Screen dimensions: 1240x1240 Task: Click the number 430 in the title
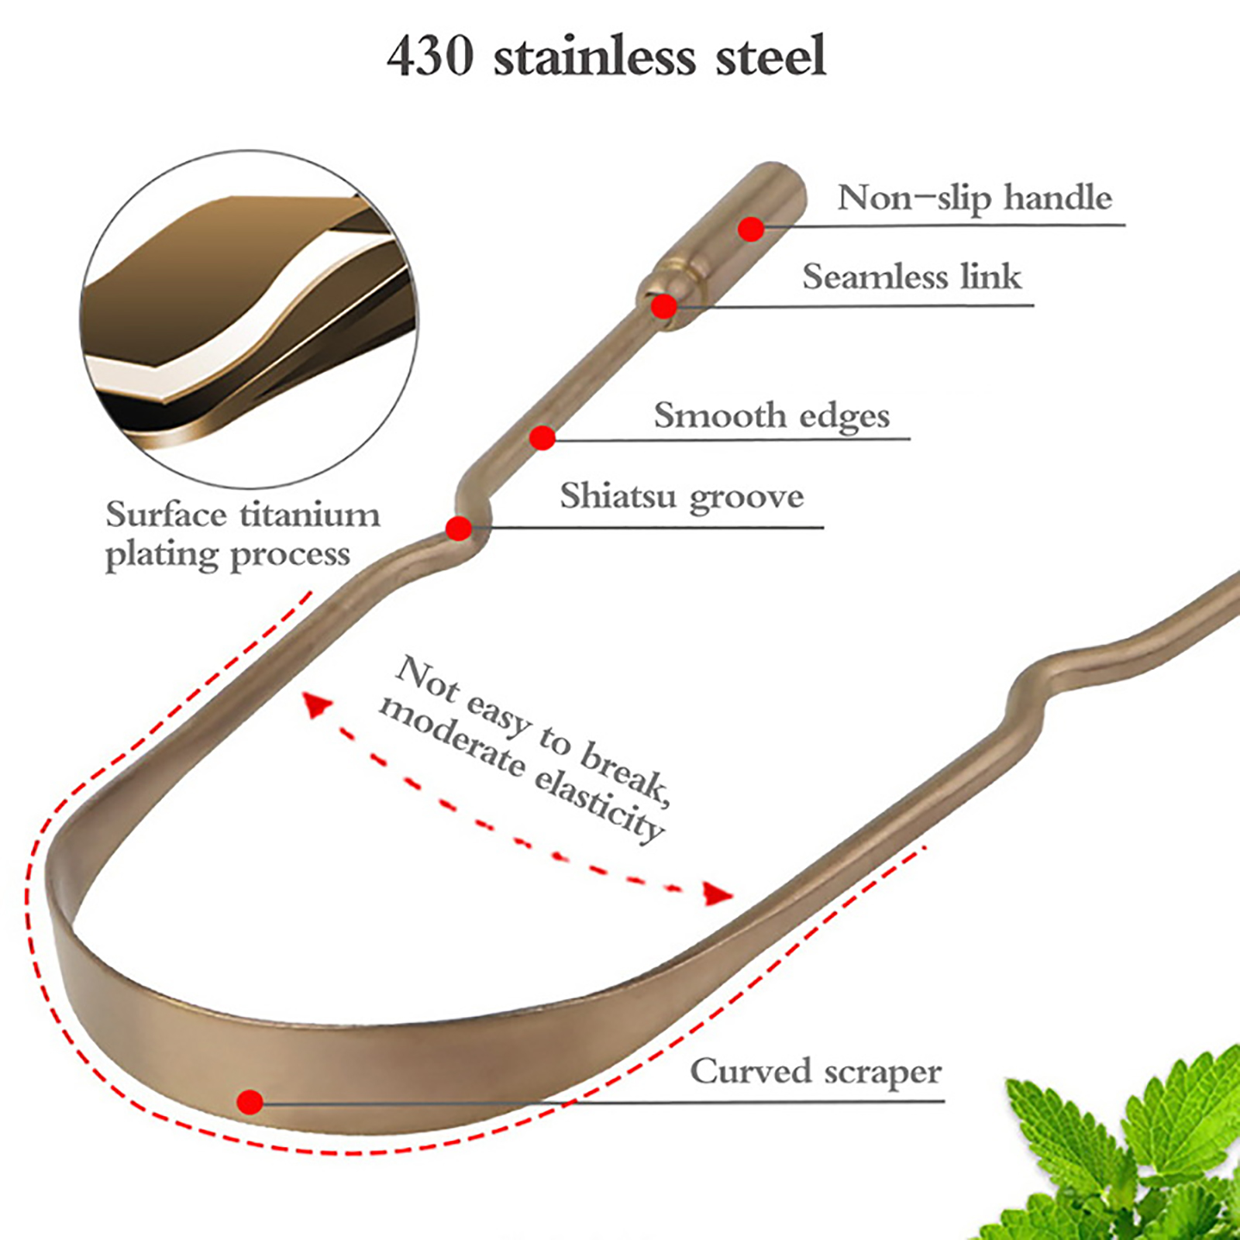[430, 56]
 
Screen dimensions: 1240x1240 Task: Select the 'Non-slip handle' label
[975, 198]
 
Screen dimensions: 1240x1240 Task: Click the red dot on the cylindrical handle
[751, 229]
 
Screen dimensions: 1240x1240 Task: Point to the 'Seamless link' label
[912, 277]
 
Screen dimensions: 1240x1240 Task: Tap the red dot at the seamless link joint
[663, 306]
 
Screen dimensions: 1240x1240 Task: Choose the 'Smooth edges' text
[772, 416]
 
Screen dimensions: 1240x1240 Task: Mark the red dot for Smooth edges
[542, 438]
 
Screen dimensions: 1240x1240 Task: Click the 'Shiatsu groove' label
[682, 497]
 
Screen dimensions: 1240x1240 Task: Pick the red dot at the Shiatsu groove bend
[459, 529]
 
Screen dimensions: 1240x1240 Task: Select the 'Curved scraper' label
[816, 1072]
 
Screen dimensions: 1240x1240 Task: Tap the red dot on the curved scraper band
[250, 1101]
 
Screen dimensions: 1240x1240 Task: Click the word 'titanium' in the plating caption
[310, 515]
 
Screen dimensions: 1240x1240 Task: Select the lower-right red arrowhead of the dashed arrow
[718, 894]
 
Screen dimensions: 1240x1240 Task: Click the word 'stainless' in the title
[594, 56]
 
